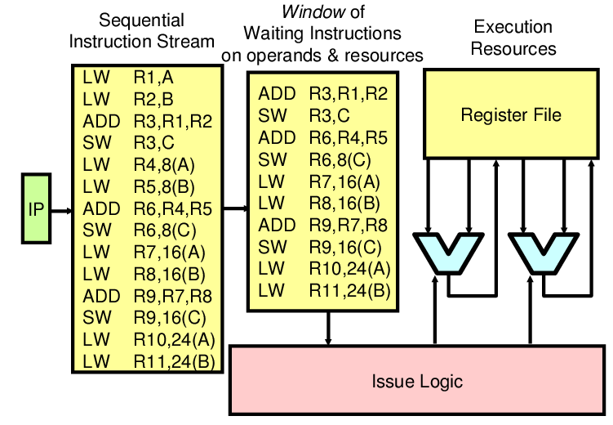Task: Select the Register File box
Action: (x=511, y=114)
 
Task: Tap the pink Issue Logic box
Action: (x=416, y=381)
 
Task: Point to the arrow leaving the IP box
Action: (x=60, y=210)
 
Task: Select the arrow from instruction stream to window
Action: (x=234, y=208)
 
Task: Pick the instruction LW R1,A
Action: (x=138, y=78)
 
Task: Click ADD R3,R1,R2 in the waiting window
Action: (x=322, y=93)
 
